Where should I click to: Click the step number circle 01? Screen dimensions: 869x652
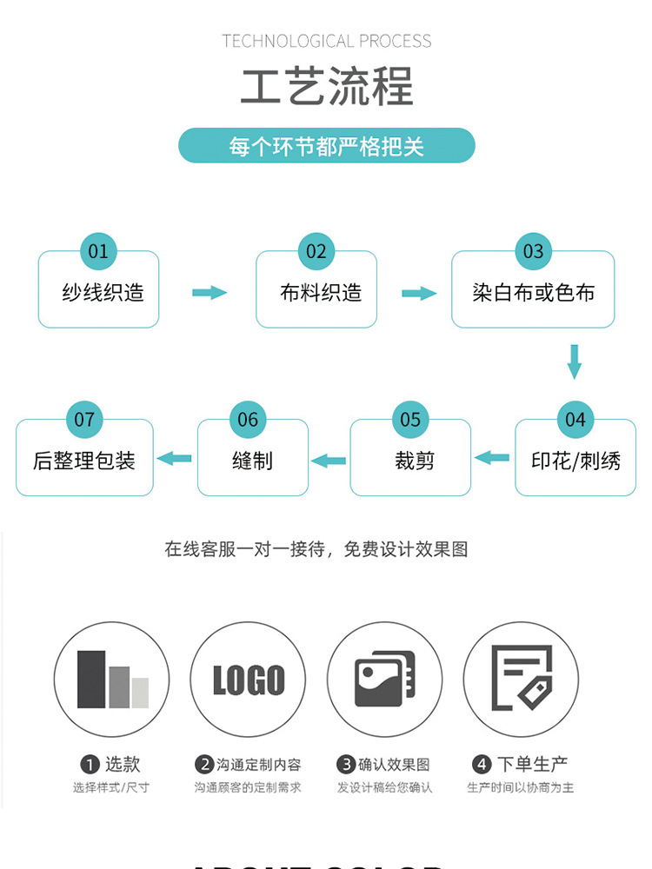pyautogui.click(x=98, y=251)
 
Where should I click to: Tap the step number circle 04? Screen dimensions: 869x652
pyautogui.click(x=575, y=420)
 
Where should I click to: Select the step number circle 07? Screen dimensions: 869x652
pyautogui.click(x=84, y=420)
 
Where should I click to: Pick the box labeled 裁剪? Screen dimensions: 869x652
pyautogui.click(x=410, y=461)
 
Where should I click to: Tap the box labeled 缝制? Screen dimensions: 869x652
pyautogui.click(x=252, y=461)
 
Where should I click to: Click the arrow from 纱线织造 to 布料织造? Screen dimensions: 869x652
pyautogui.click(x=209, y=293)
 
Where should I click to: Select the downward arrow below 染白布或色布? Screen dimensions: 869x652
pyautogui.click(x=574, y=362)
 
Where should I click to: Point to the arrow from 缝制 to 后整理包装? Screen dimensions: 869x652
pyautogui.click(x=175, y=458)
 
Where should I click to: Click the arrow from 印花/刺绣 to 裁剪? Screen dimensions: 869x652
pyautogui.click(x=492, y=458)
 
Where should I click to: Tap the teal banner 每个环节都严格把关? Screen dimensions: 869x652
pyautogui.click(x=326, y=146)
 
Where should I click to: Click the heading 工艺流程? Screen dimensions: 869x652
pyautogui.click(x=326, y=87)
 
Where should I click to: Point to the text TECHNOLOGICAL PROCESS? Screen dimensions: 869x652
pyautogui.click(x=326, y=41)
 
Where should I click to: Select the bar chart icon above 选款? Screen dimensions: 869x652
pyautogui.click(x=112, y=680)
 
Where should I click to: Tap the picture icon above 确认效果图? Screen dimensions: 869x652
pyautogui.click(x=384, y=680)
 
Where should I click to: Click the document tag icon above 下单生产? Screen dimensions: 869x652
pyautogui.click(x=521, y=679)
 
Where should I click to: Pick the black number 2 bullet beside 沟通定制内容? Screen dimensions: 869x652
pyautogui.click(x=204, y=765)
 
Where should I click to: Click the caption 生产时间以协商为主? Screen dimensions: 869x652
pyautogui.click(x=520, y=788)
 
